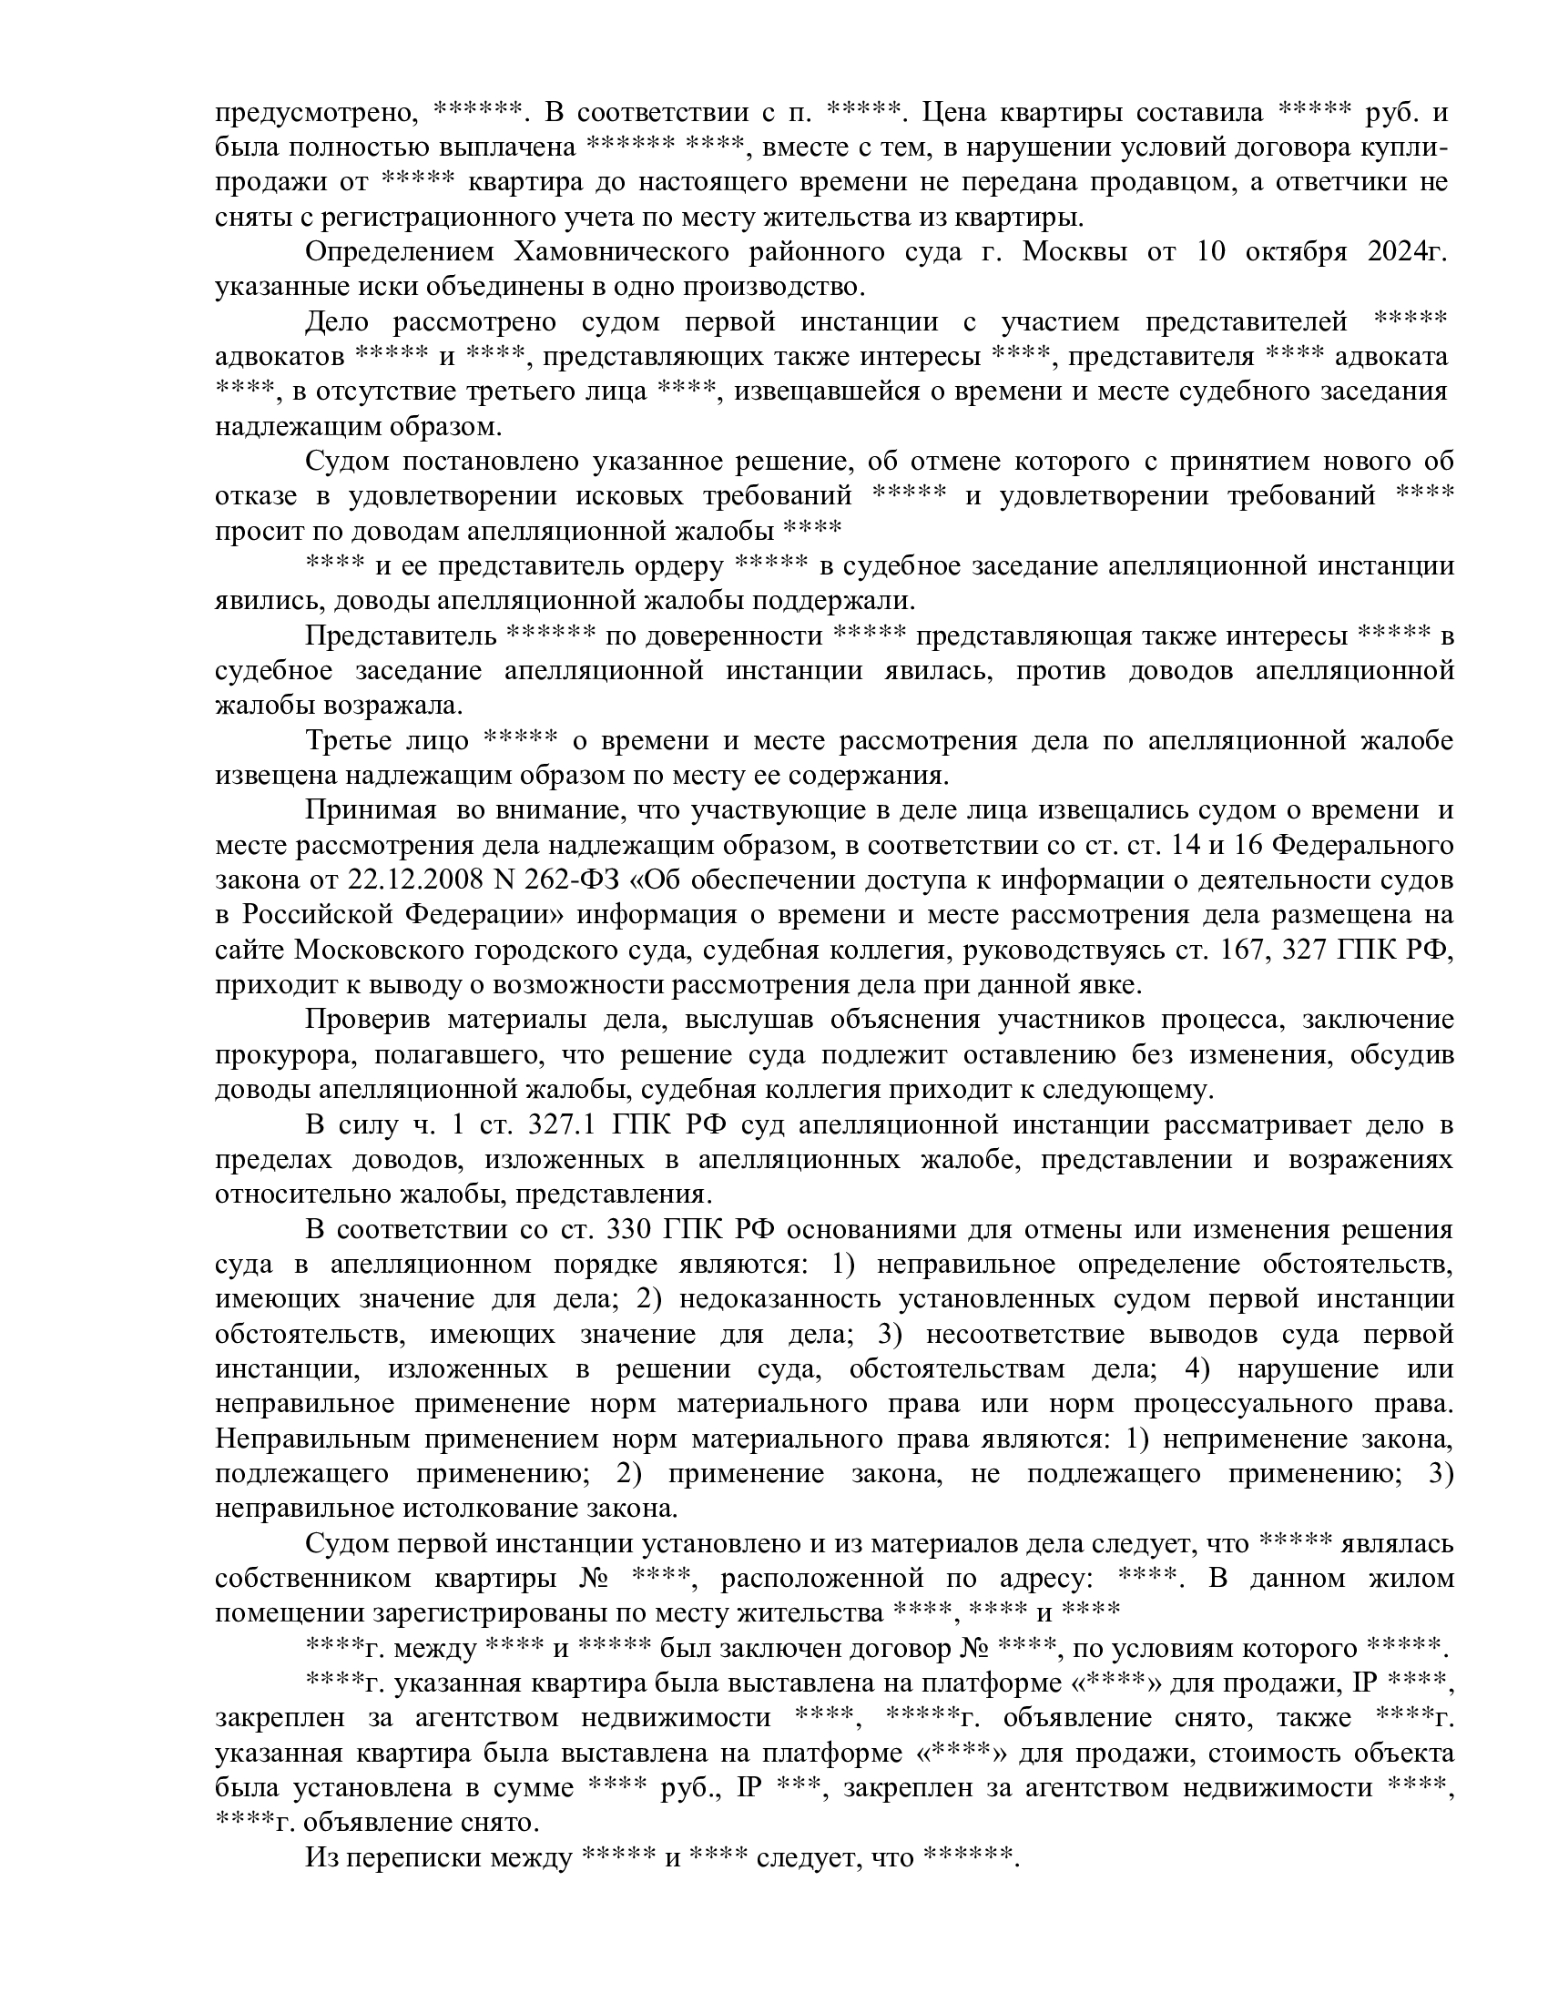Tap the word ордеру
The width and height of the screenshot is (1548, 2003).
[679, 566]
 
